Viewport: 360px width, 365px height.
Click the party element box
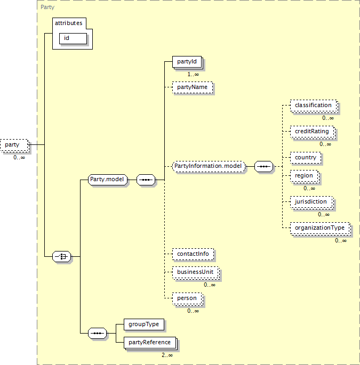tap(15, 145)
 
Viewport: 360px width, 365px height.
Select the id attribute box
tap(73, 38)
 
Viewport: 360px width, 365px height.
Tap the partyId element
tap(187, 62)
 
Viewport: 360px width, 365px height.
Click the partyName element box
tap(193, 87)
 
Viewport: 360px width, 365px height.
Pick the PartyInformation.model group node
tap(209, 166)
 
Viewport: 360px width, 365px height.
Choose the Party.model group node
tap(108, 180)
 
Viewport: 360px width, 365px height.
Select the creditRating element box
tap(313, 132)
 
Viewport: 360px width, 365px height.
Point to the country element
tap(306, 158)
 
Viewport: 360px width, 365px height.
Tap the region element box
tap(305, 176)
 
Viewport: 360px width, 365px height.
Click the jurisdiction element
tap(312, 202)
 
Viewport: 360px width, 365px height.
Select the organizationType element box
tap(321, 229)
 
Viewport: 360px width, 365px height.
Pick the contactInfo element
tap(193, 254)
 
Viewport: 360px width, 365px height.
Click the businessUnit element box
tap(196, 273)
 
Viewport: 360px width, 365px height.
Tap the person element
tap(187, 299)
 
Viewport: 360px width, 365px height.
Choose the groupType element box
tap(144, 325)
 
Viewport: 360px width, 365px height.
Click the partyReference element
tap(150, 343)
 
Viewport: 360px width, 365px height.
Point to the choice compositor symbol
tap(61, 256)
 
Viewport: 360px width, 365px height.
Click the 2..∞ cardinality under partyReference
tap(167, 355)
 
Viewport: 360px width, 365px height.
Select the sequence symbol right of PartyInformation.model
tap(263, 166)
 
